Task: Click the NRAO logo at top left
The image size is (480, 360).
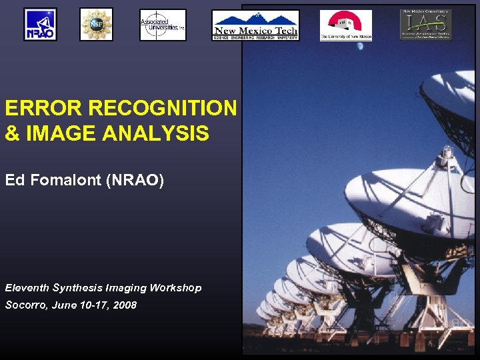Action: coord(40,25)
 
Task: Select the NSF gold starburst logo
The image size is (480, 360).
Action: coord(96,25)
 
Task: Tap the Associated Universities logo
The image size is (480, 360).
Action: coord(163,25)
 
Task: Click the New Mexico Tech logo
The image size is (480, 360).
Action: coord(255,25)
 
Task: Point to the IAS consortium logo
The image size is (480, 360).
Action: coord(425,25)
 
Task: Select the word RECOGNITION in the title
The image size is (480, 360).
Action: coord(162,108)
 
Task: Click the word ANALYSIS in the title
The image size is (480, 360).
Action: coord(156,134)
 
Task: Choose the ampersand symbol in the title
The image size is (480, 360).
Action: coord(12,134)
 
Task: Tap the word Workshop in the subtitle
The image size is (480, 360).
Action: coord(175,288)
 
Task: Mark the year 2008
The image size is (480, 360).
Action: coord(125,305)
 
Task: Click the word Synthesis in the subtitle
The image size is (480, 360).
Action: coord(77,288)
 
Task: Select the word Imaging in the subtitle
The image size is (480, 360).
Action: coord(126,288)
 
